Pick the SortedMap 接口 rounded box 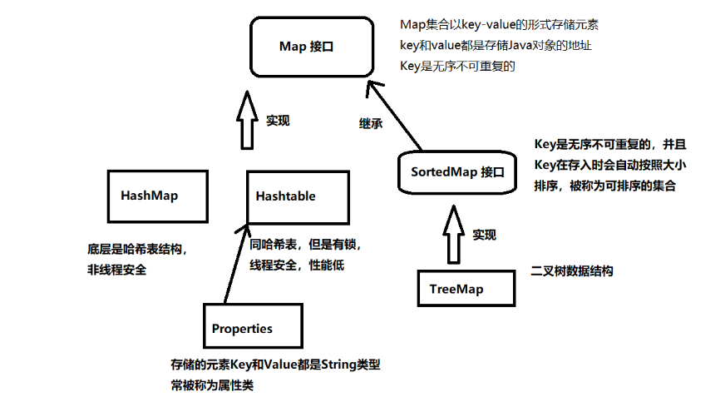click(x=457, y=171)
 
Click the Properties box click(x=253, y=327)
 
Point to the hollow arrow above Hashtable click(x=246, y=121)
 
